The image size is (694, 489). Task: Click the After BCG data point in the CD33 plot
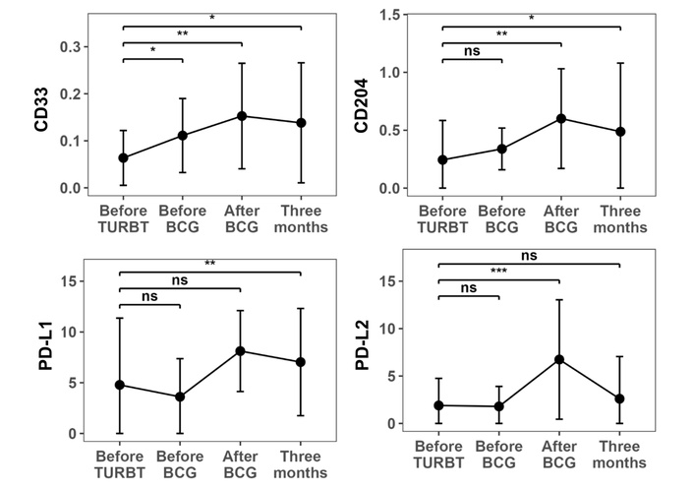pos(241,116)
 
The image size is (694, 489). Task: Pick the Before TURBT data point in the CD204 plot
pos(442,159)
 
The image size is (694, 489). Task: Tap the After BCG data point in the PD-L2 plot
pos(560,359)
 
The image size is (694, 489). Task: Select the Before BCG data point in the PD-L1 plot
pos(181,397)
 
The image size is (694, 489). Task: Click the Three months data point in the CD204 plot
pos(620,131)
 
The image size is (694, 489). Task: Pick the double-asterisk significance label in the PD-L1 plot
pos(210,264)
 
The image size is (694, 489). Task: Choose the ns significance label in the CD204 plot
pos(472,52)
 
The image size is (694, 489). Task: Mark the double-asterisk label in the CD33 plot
pos(183,35)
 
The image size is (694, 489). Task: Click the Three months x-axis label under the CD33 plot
pos(301,218)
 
